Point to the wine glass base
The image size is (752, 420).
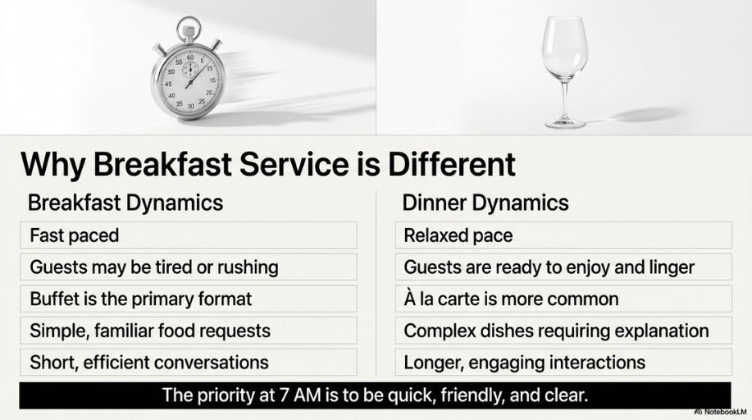(565, 123)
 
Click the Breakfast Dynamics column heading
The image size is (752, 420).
(125, 203)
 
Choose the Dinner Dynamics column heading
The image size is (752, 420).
(486, 203)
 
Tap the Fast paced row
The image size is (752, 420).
(189, 235)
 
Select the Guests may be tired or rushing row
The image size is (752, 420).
(189, 267)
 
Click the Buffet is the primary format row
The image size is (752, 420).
(189, 299)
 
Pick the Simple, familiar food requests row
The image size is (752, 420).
(189, 331)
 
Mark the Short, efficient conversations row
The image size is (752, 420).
(189, 362)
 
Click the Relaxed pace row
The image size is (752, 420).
(563, 235)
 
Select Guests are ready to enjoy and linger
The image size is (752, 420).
(563, 267)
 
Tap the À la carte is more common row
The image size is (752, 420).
(563, 299)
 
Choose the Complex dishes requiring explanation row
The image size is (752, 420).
(563, 331)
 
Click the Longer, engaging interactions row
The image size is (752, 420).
(563, 362)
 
